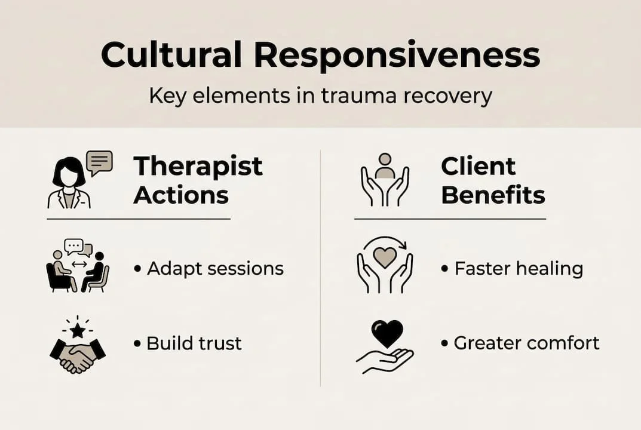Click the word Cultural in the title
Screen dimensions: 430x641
(x=171, y=56)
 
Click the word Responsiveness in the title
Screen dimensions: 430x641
(x=397, y=56)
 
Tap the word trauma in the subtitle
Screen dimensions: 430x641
(x=359, y=96)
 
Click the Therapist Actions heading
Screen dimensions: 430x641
(x=198, y=180)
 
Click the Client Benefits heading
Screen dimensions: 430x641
(x=493, y=180)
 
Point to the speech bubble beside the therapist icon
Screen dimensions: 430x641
(x=99, y=161)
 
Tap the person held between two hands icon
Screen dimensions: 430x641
(x=385, y=179)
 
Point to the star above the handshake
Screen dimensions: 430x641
(x=77, y=329)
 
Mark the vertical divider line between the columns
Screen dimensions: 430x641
(x=321, y=269)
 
